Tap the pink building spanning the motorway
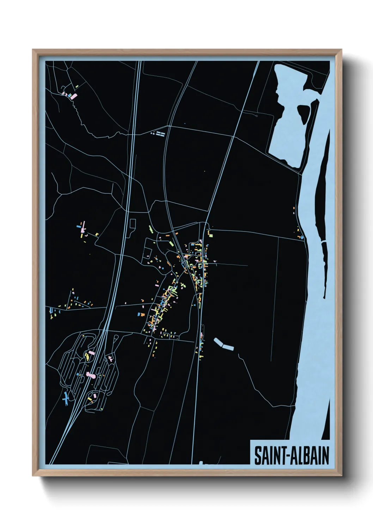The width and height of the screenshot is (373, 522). pos(91,375)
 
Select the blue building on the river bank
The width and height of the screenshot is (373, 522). pos(302,237)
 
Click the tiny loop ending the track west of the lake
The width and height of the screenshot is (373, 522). pos(256,115)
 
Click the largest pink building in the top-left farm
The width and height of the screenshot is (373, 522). pos(74,96)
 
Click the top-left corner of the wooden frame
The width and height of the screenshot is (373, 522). pos(33,50)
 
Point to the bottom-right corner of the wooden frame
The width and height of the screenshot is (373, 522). pos(341,476)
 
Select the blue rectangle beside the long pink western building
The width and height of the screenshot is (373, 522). pos(79,226)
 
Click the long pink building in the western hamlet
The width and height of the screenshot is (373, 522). pos(84,226)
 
